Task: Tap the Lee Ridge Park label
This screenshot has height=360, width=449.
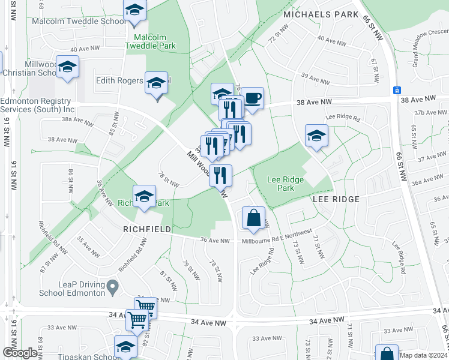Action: tap(285, 183)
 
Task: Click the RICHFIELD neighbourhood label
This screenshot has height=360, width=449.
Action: tap(148, 229)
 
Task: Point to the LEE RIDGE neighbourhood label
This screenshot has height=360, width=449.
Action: tap(335, 199)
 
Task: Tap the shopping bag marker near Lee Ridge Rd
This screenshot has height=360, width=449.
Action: tap(254, 218)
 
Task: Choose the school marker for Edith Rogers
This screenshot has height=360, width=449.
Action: tap(156, 83)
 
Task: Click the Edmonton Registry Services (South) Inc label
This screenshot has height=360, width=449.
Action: tap(37, 106)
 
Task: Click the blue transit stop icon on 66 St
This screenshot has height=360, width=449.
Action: tap(396, 90)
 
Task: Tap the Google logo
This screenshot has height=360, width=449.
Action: tap(20, 353)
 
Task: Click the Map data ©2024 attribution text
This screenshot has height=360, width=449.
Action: tap(423, 355)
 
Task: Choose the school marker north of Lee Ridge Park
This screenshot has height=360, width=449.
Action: tap(316, 136)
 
